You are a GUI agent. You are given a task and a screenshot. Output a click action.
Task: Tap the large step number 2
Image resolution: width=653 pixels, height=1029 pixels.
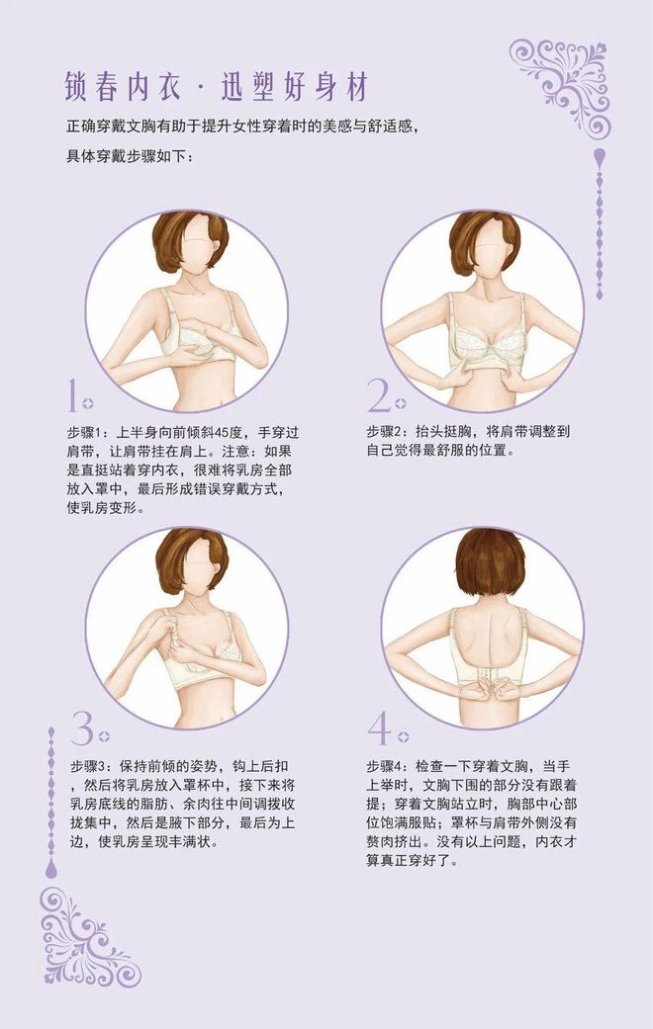pyautogui.click(x=378, y=395)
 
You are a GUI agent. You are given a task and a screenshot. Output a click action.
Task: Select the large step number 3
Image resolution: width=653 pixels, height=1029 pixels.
pyautogui.click(x=82, y=728)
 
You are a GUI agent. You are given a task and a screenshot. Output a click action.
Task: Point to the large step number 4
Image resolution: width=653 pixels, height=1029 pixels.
pyautogui.click(x=380, y=729)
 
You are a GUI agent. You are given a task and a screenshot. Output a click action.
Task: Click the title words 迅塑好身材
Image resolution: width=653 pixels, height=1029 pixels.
pyautogui.click(x=294, y=87)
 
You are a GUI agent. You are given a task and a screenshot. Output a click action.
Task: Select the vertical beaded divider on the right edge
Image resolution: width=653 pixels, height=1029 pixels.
pyautogui.click(x=599, y=224)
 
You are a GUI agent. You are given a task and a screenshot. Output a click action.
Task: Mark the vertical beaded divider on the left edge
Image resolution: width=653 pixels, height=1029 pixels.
pyautogui.click(x=51, y=802)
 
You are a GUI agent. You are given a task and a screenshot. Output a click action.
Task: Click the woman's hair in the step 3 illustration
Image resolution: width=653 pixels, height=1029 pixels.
pyautogui.click(x=191, y=557)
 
